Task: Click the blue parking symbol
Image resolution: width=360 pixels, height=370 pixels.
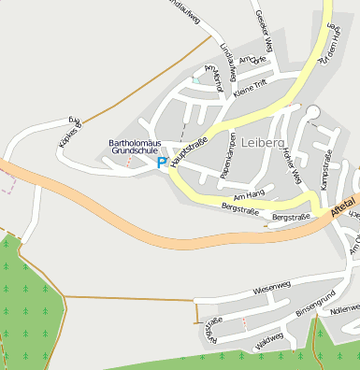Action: point(162,163)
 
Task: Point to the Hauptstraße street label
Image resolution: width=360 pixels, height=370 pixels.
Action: point(189,149)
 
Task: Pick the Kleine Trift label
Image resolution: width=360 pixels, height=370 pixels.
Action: point(251,91)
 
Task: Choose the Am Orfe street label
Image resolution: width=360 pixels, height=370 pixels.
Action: point(252,59)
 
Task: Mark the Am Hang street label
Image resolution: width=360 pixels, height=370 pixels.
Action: point(250,195)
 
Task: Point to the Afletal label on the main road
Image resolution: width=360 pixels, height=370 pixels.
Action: point(342,206)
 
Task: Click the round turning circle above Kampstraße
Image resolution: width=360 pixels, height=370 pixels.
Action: point(312,112)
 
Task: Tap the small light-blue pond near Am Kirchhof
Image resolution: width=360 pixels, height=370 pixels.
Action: point(195,80)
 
